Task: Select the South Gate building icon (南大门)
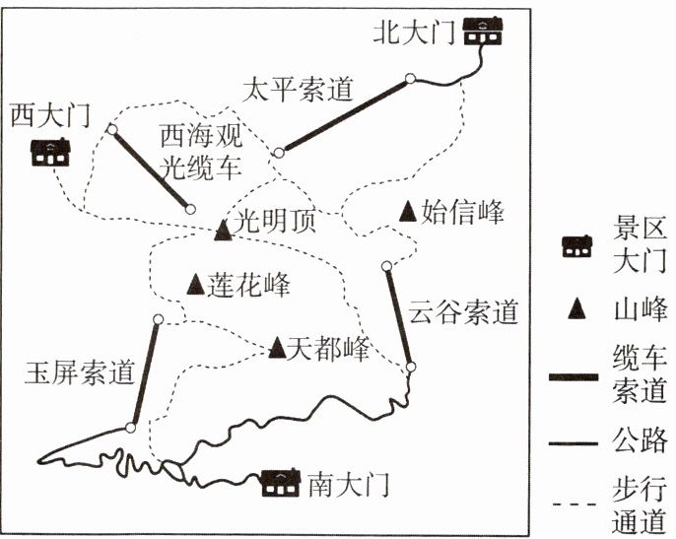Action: [281, 483]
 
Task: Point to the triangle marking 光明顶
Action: [223, 230]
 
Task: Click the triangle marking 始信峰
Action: [408, 210]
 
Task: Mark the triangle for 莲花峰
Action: [195, 283]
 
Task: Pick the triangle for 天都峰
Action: [277, 347]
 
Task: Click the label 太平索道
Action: [297, 90]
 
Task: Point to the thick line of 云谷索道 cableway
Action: [399, 315]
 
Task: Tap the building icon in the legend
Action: [575, 247]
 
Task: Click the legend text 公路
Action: [640, 437]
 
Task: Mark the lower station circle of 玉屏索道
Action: [130, 428]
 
